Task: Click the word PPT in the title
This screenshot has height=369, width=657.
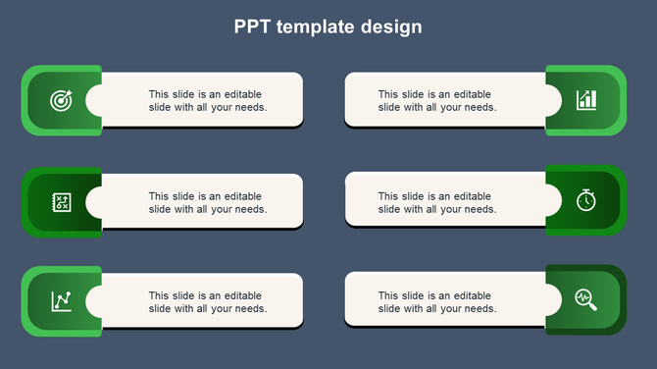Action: click(253, 27)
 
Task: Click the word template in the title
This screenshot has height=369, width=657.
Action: click(316, 27)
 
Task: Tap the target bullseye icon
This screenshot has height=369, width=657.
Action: click(61, 100)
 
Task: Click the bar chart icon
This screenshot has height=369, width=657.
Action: click(585, 100)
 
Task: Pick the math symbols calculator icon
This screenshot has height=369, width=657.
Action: click(61, 201)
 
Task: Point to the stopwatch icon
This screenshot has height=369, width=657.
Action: click(585, 200)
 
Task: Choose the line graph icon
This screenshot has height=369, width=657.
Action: click(61, 301)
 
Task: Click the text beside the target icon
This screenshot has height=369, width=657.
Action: click(208, 101)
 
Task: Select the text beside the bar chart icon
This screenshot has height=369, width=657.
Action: click(437, 101)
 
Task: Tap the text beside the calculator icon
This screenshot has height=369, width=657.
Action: click(208, 202)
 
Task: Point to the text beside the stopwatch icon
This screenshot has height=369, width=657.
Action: click(437, 202)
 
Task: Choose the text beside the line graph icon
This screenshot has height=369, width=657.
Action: click(208, 301)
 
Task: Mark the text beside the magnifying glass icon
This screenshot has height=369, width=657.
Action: click(437, 301)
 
